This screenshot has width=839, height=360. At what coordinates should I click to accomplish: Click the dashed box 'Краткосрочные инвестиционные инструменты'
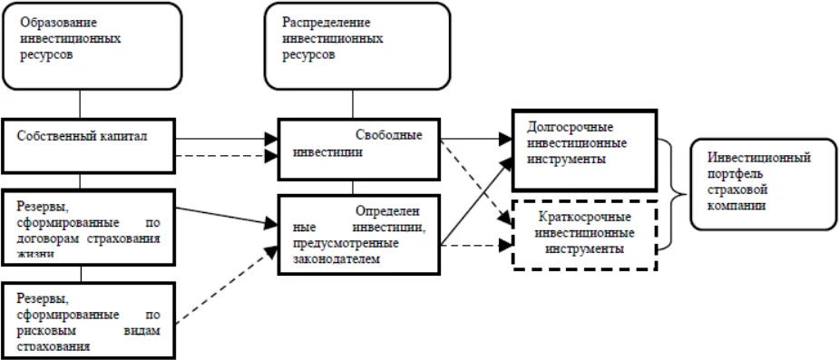tap(582, 232)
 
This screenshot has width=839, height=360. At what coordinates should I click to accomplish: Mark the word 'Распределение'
tap(317, 23)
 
